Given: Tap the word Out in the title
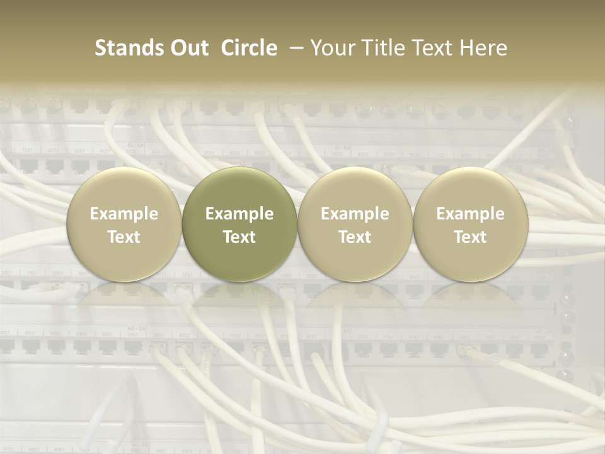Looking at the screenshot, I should tap(188, 48).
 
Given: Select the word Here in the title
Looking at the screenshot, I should tap(483, 48).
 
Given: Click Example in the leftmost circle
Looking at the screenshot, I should tap(124, 214).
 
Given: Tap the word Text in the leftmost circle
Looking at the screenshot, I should tap(124, 237).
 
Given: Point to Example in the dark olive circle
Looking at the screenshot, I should tap(239, 214).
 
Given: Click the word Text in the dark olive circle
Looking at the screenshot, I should tap(239, 237).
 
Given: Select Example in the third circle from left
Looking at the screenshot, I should tap(355, 214).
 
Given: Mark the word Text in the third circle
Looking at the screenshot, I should tap(355, 237).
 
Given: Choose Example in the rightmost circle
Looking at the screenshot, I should tap(471, 214).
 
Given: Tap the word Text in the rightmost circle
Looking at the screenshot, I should tap(471, 237).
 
